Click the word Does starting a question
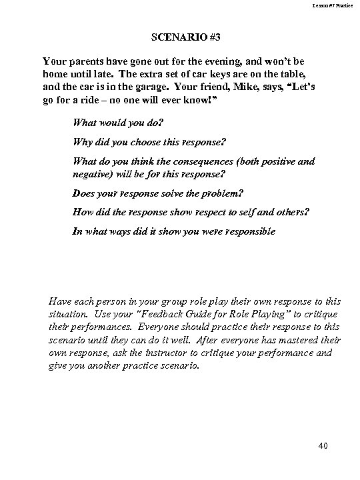(84, 193)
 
